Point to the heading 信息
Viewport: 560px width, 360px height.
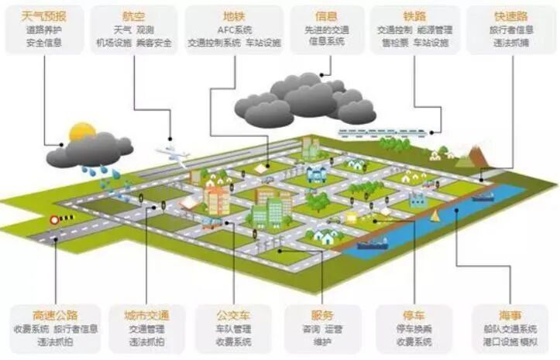(325, 15)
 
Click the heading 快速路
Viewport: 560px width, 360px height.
(511, 15)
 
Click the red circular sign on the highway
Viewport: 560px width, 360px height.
(54, 219)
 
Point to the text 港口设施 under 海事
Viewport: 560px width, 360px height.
(497, 341)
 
